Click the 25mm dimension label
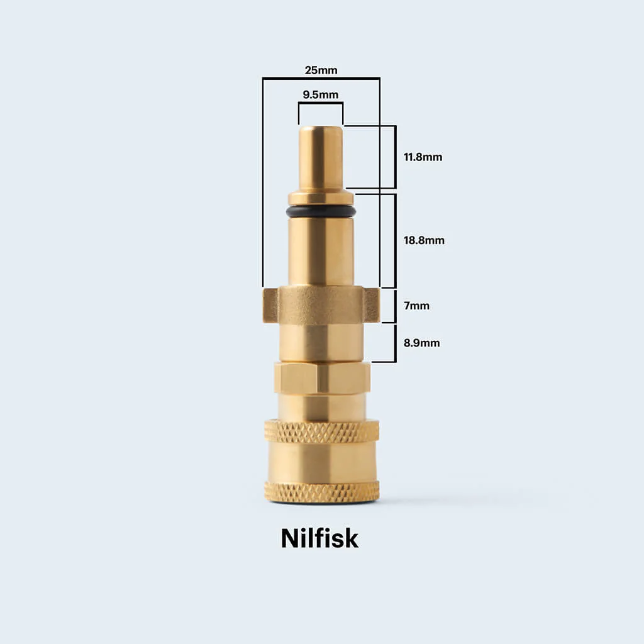tap(321, 70)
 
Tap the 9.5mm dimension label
tap(320, 95)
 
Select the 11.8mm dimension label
tap(423, 157)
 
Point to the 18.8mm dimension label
tap(424, 240)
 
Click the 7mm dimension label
tap(416, 306)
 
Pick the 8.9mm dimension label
tap(421, 343)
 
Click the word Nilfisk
tap(319, 538)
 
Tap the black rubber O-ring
tap(321, 211)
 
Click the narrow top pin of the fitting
tap(321, 158)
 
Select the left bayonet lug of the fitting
tap(270, 305)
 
